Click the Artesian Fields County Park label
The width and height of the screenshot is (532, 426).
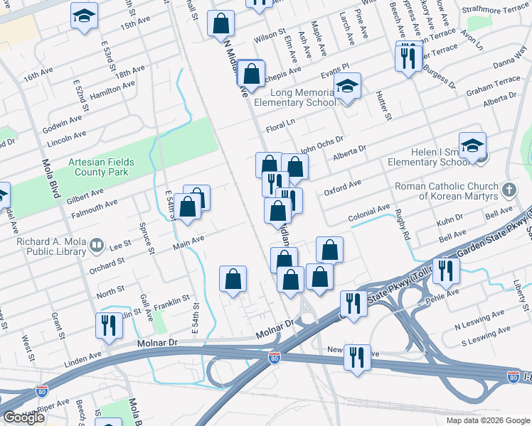(101, 167)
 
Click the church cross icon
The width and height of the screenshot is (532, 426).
(508, 190)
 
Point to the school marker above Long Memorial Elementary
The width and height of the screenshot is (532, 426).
(347, 87)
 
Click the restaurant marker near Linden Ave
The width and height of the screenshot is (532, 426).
(109, 325)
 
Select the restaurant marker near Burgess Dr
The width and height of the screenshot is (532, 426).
(408, 56)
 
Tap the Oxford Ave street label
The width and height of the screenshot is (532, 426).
(343, 187)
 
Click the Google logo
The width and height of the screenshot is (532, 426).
(23, 417)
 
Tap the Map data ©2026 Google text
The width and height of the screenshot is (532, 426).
(488, 420)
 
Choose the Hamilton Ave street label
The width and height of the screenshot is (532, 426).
(114, 89)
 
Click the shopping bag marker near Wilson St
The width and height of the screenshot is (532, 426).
(221, 23)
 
